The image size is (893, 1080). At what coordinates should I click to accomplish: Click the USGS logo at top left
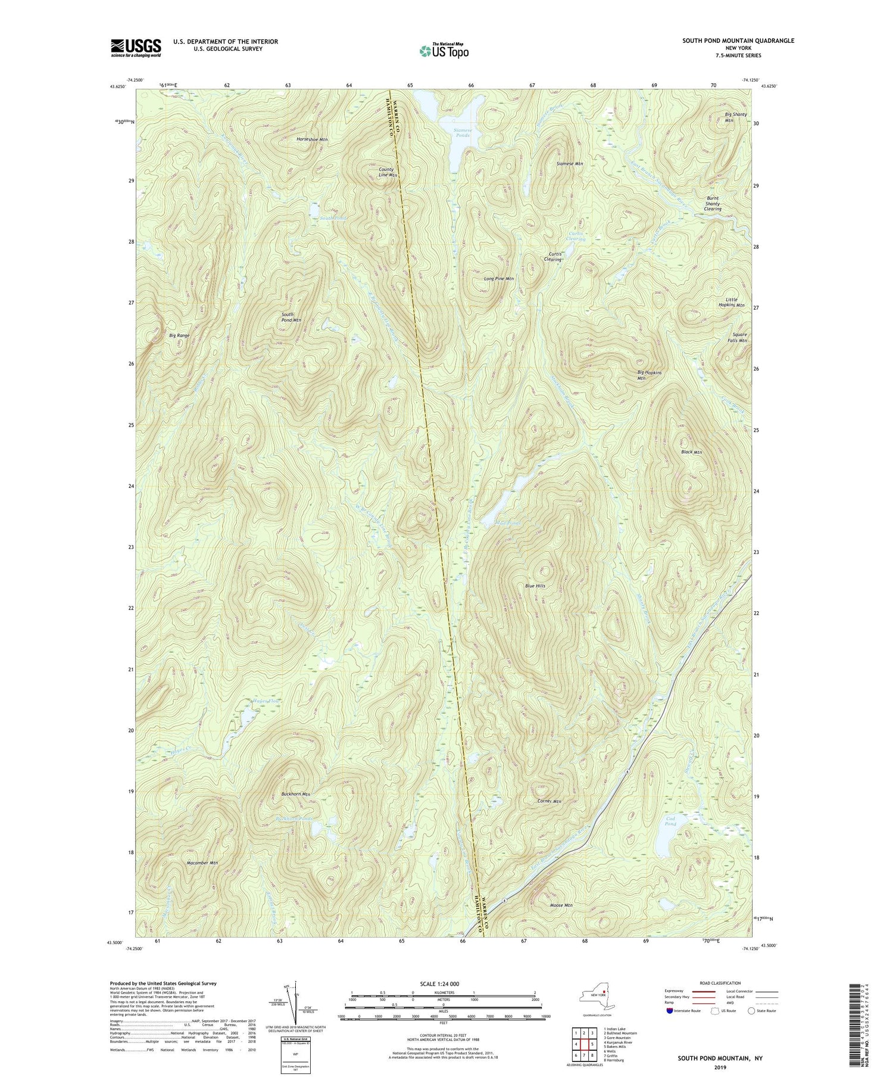pyautogui.click(x=136, y=48)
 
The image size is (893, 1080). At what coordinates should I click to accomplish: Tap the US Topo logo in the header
pyautogui.click(x=444, y=51)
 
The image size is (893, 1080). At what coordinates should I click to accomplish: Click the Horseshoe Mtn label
pyautogui.click(x=312, y=139)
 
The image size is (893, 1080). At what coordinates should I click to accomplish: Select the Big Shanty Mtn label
pyautogui.click(x=736, y=117)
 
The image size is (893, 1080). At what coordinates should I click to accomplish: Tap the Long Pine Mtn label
pyautogui.click(x=498, y=279)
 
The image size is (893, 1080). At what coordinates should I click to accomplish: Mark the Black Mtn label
pyautogui.click(x=691, y=452)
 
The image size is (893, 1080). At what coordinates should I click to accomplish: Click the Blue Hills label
pyautogui.click(x=535, y=586)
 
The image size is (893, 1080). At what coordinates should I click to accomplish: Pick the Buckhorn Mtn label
pyautogui.click(x=296, y=795)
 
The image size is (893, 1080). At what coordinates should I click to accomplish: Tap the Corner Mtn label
pyautogui.click(x=549, y=802)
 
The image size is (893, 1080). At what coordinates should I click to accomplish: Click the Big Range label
pyautogui.click(x=179, y=336)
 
